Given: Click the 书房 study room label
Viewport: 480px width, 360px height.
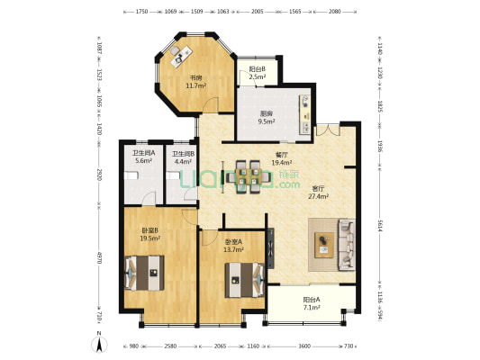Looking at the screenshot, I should coord(195,77).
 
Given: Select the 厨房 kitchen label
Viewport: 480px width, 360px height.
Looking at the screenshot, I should coord(267,113).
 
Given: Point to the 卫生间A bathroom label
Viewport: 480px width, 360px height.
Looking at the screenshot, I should coord(144,153).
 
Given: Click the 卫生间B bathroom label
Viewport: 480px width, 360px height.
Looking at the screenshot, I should coord(184,153).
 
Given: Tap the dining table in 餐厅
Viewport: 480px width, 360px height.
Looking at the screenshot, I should coord(249,176).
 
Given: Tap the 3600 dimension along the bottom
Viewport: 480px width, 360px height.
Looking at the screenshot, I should coord(305,346).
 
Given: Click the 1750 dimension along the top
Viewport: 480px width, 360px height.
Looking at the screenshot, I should coord(142,13).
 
